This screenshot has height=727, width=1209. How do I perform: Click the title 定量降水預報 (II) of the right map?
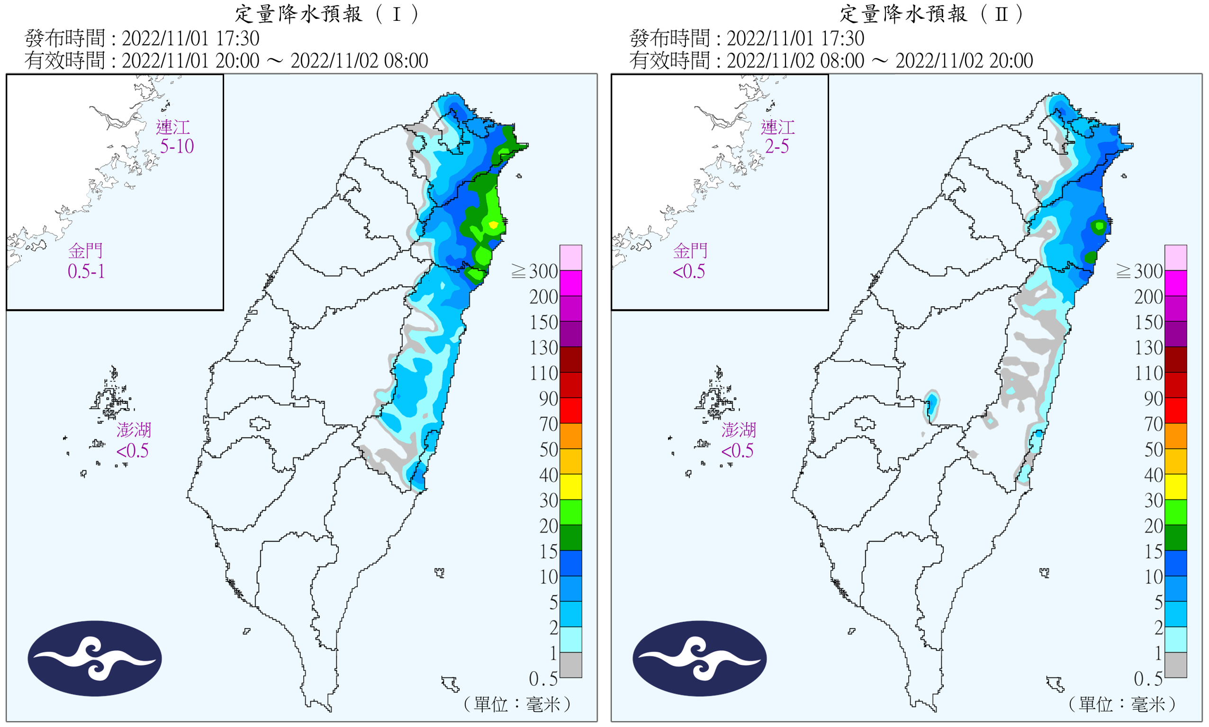coord(932,14)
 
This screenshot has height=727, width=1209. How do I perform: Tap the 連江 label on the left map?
coord(172,127)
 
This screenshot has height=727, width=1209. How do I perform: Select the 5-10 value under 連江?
coord(177,146)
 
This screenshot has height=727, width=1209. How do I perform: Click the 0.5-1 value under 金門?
coord(86,271)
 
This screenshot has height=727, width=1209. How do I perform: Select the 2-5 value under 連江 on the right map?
coord(777,146)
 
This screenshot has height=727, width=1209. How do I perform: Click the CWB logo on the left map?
coord(95,658)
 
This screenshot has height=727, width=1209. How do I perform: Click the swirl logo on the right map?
coord(700,658)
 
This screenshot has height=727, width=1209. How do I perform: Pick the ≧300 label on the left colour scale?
coord(535,271)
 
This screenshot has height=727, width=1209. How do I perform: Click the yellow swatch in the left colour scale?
coord(571,487)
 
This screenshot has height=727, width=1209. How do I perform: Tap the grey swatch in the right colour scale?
coord(1176,665)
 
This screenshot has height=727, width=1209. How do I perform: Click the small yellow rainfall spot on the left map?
coord(493,225)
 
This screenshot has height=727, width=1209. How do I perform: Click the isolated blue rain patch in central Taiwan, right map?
coord(932,405)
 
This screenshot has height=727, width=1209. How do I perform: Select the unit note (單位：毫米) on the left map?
coord(517,704)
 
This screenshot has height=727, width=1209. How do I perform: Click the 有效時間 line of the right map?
coord(831,61)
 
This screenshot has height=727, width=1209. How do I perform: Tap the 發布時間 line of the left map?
coord(142,38)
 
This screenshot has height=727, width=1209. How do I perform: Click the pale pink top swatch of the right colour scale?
coord(1176,257)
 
